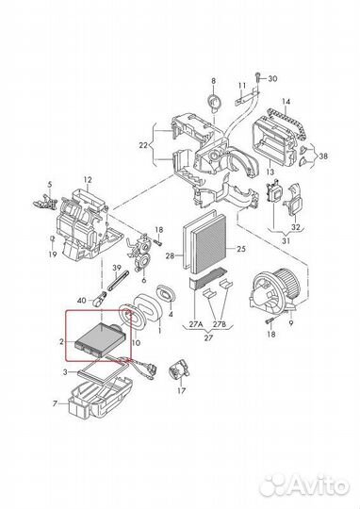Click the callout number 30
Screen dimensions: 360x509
[272, 78]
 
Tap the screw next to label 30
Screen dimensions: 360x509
[258, 78]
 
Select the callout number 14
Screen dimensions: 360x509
[286, 102]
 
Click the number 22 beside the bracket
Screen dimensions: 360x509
[143, 145]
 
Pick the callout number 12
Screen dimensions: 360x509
[88, 179]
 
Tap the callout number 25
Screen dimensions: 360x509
[241, 249]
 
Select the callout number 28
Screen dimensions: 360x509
[170, 255]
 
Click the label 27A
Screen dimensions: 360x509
[196, 324]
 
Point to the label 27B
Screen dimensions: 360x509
[220, 324]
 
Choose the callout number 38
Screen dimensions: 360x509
[323, 156]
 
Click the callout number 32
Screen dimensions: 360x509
[295, 227]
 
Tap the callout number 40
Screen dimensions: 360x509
[81, 301]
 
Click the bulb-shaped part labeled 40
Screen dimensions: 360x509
[99, 298]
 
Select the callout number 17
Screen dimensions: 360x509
[182, 390]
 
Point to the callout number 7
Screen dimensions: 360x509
[55, 403]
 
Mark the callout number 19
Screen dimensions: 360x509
[53, 254]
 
